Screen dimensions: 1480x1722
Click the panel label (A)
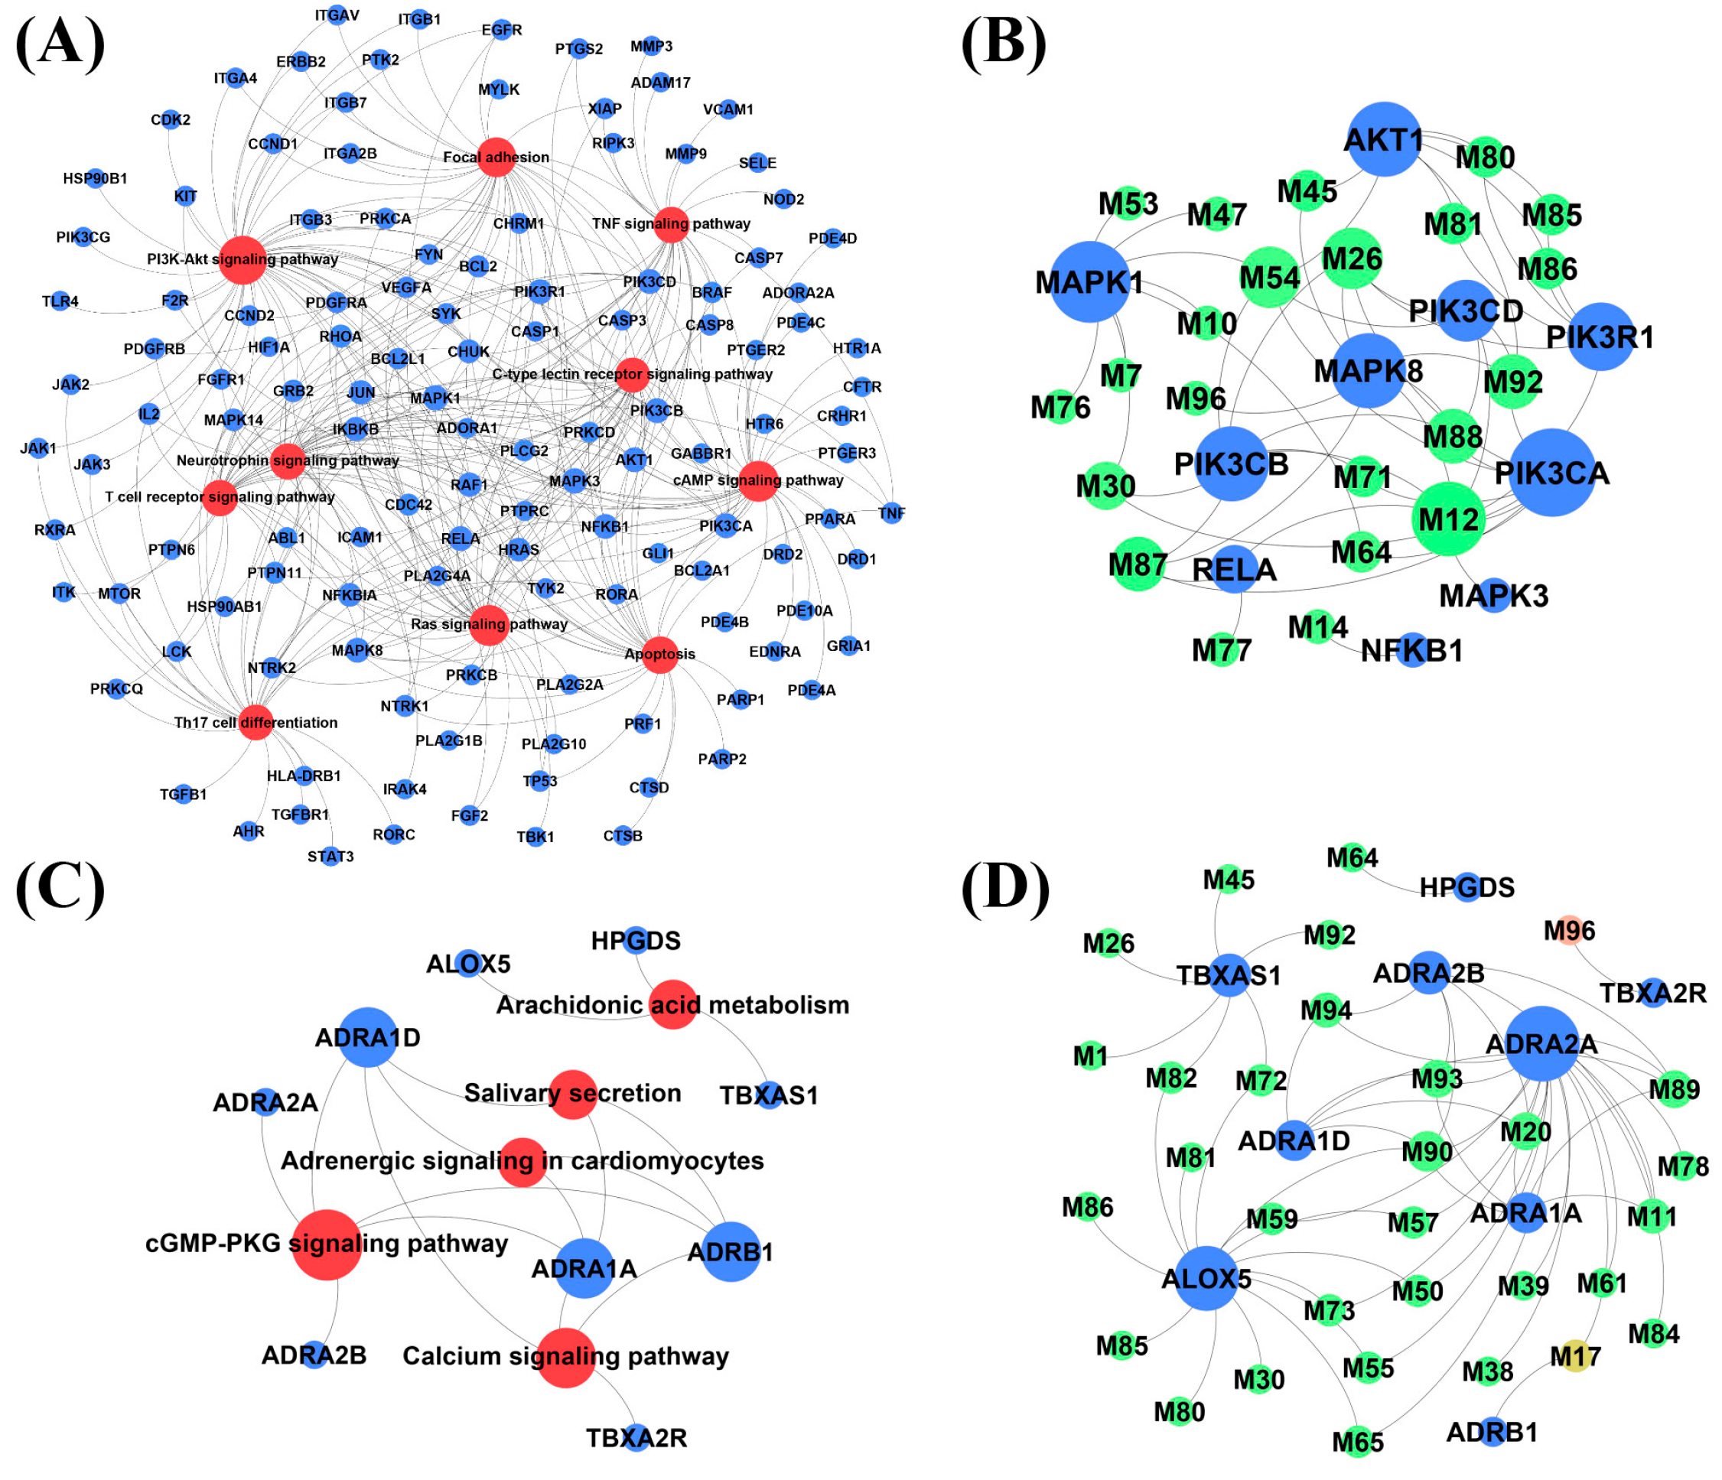pos(60,43)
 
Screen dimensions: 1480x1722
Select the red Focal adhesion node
pos(496,157)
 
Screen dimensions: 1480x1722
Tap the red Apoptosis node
pos(660,654)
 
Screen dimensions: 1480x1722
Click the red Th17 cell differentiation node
pos(256,722)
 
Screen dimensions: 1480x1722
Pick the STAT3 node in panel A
pos(330,855)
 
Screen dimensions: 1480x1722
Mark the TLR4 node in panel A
pos(60,301)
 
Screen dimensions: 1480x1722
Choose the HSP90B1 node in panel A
pos(96,178)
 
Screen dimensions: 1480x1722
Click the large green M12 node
pos(1449,519)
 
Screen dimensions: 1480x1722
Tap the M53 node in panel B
pos(1128,203)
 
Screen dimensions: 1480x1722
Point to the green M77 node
pos(1222,649)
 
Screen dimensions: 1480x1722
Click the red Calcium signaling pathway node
pos(566,1358)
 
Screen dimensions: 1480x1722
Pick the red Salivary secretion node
pos(573,1094)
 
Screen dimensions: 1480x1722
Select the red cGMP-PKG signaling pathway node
pos(327,1244)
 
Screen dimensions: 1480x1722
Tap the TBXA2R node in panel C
pos(636,1438)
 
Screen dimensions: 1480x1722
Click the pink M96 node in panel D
pos(1569,931)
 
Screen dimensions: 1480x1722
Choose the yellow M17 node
pos(1575,1356)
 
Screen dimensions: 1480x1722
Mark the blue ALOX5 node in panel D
pos(1206,1278)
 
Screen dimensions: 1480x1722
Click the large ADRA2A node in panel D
pos(1541,1044)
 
